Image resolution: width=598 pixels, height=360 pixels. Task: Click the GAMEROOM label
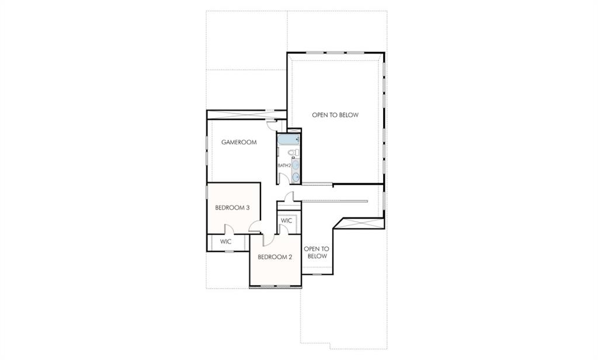point(239,142)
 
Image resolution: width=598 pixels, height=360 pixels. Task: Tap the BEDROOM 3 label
point(232,207)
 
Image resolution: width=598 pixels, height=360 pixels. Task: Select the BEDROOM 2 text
point(275,257)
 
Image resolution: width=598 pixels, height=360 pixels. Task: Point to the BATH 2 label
point(284,165)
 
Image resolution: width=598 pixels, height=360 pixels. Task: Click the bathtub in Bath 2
point(288,140)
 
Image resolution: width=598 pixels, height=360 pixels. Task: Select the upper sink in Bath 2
point(295,165)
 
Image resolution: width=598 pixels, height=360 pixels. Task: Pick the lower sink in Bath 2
point(295,176)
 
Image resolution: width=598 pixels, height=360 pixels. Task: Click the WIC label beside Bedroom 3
point(226,241)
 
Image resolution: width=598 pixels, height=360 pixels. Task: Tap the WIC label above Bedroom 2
point(286,221)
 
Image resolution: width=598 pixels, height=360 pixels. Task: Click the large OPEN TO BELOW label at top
point(335,115)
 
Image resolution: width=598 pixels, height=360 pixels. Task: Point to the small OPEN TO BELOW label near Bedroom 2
point(317,252)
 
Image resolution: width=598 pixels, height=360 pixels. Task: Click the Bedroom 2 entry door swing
point(267,238)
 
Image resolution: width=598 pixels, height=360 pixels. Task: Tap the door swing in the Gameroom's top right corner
point(271,124)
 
